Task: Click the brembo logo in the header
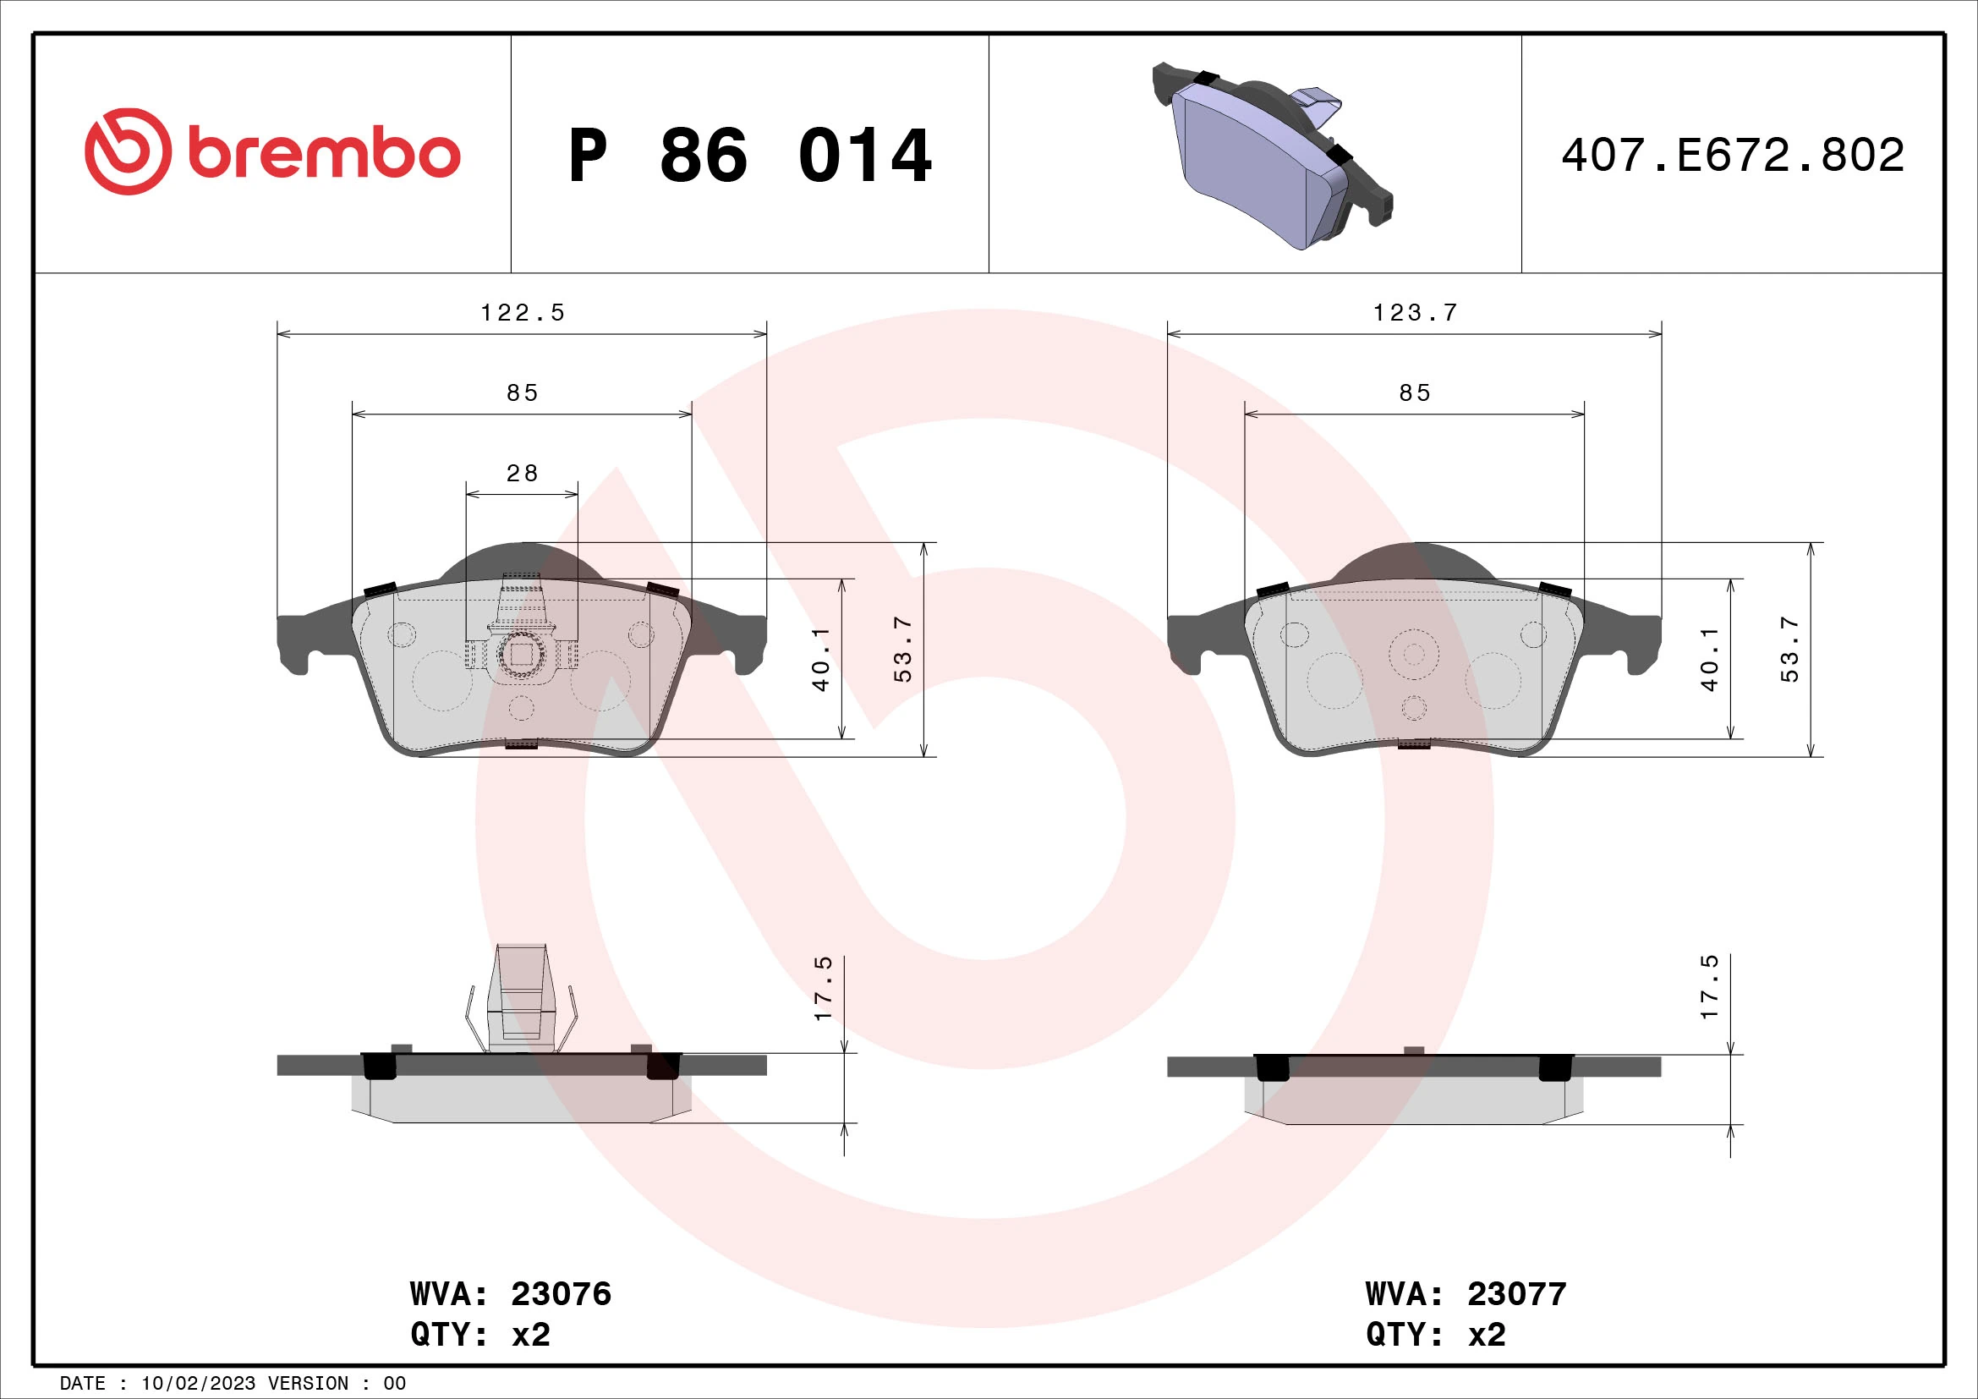pyautogui.click(x=272, y=152)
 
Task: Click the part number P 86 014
pyautogui.click(x=749, y=156)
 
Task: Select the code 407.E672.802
pyautogui.click(x=1733, y=155)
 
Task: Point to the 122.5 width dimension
pyautogui.click(x=522, y=313)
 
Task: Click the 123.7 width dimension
pyautogui.click(x=1415, y=313)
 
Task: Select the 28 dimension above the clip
pyautogui.click(x=522, y=473)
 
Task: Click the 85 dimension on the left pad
pyautogui.click(x=522, y=392)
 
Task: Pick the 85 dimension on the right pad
pyautogui.click(x=1415, y=392)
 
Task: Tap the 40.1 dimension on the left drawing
pyautogui.click(x=821, y=659)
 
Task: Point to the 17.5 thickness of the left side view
pyautogui.click(x=823, y=988)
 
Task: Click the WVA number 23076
pyautogui.click(x=561, y=1293)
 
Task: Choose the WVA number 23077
pyautogui.click(x=1516, y=1293)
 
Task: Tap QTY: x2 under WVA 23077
pyautogui.click(x=1435, y=1335)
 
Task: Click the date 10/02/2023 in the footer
pyautogui.click(x=198, y=1384)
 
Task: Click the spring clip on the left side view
pyautogui.click(x=520, y=999)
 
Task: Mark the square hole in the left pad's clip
pyautogui.click(x=520, y=655)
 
